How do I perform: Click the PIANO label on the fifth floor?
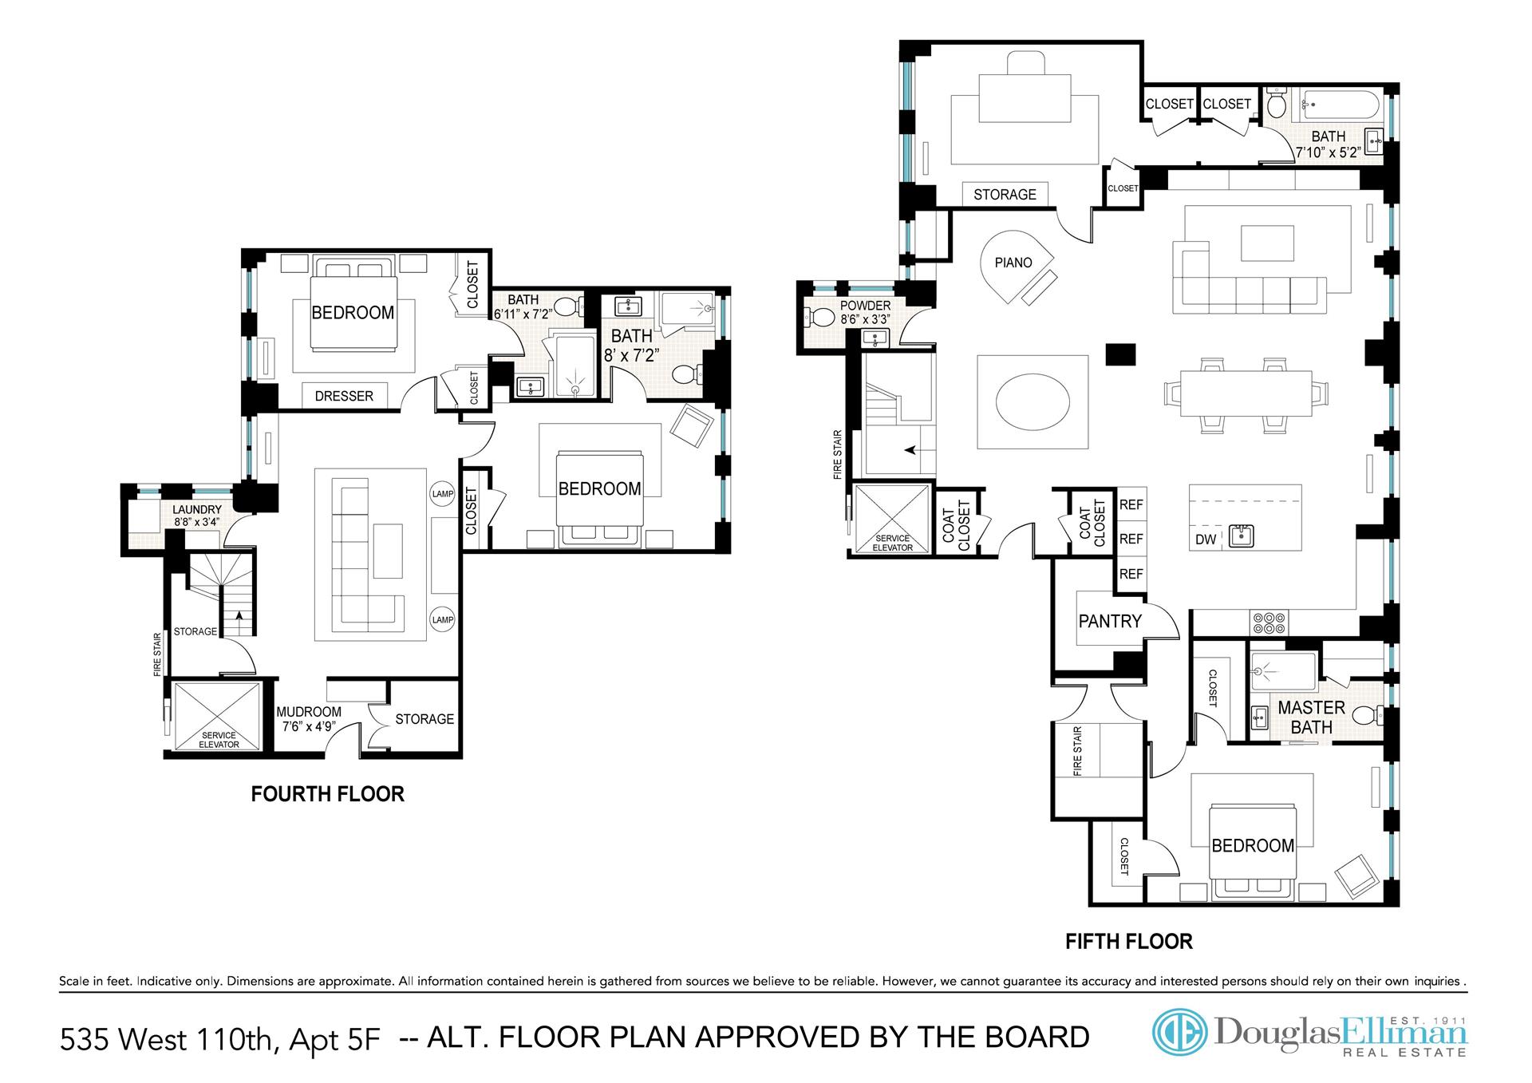tap(1013, 263)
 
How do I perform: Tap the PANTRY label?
tap(1110, 621)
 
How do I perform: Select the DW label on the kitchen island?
tap(1206, 540)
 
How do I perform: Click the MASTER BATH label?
tap(1311, 717)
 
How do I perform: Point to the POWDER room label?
tap(865, 306)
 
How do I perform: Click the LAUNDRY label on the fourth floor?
tap(197, 510)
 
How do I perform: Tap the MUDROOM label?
tap(309, 712)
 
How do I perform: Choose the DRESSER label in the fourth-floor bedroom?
tap(344, 396)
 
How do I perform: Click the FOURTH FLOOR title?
tap(328, 794)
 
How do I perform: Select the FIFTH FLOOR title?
tap(1129, 942)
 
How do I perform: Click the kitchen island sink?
tap(1241, 535)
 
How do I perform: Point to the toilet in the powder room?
tap(818, 318)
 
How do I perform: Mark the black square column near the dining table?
tap(1120, 354)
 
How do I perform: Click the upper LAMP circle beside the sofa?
tap(443, 494)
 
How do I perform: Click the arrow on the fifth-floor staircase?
tap(911, 450)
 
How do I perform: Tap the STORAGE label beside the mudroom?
tap(424, 719)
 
